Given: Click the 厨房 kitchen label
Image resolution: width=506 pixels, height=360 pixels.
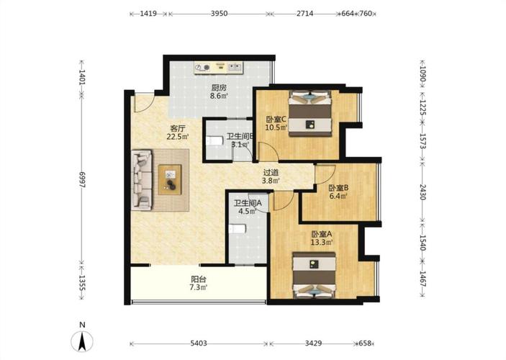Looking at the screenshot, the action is (219, 88).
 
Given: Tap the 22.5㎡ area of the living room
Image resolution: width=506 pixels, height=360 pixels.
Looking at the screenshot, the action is (178, 137).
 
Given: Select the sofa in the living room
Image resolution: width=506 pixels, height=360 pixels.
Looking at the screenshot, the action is (142, 179).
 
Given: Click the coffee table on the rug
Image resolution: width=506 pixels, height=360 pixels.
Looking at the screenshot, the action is (170, 179).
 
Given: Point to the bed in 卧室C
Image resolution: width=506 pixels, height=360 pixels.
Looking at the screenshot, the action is (310, 114).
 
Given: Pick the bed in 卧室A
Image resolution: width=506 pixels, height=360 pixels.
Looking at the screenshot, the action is (315, 275).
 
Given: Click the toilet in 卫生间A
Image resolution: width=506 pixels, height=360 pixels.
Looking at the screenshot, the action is (238, 229).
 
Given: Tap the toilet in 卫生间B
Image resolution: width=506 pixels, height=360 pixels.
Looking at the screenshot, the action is (214, 141).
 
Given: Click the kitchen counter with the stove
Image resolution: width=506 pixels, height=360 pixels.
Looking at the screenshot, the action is (219, 68).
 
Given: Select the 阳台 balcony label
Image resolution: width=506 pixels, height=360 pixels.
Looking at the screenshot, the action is (199, 279).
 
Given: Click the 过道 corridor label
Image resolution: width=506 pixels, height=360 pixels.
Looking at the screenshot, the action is (271, 173).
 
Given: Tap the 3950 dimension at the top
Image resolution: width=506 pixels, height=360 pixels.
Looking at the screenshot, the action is (219, 14).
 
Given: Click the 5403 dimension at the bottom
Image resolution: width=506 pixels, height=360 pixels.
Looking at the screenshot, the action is (199, 343).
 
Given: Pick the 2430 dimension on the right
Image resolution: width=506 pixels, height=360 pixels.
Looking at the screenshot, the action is (423, 192).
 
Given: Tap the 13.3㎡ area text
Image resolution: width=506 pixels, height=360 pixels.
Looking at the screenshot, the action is (322, 242).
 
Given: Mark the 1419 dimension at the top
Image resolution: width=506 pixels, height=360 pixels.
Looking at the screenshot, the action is (148, 14).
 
